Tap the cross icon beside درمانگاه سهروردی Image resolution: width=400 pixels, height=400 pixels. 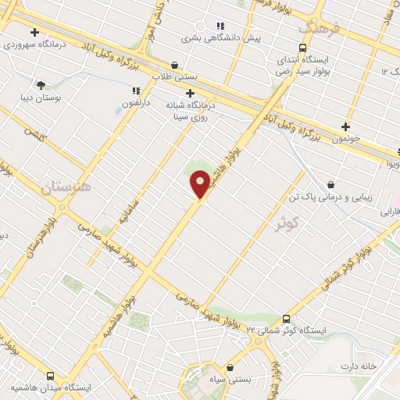point(34,32)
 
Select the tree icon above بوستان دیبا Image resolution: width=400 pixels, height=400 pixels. point(40,84)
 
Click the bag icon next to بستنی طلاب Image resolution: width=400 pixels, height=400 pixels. point(174,65)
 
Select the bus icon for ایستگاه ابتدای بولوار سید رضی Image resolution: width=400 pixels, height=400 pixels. point(283,46)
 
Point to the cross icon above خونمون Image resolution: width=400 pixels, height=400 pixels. point(345,126)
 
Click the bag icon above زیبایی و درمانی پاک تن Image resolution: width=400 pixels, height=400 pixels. point(331,185)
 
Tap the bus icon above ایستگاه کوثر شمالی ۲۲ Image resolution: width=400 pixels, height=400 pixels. point(286,318)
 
